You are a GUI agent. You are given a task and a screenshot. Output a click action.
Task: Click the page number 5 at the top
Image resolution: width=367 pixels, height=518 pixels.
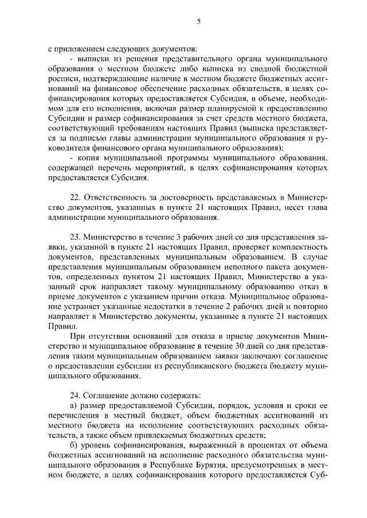(x=198, y=21)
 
